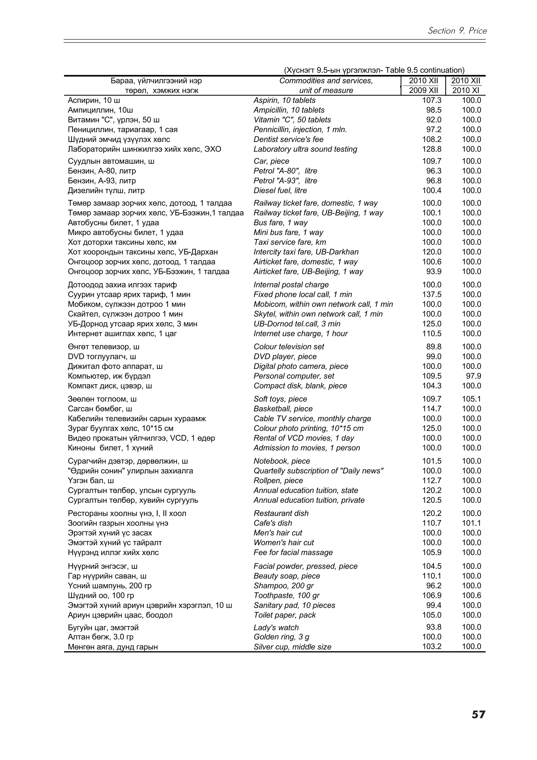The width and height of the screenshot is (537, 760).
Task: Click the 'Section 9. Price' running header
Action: point(457,31)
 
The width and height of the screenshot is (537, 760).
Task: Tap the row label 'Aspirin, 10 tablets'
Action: point(284,100)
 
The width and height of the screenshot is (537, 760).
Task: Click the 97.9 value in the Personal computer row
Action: point(474,376)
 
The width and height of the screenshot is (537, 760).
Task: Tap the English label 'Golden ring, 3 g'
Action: point(281,637)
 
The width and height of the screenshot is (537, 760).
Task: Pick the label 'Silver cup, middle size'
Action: point(292,647)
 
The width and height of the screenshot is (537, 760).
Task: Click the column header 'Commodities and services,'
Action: point(326,81)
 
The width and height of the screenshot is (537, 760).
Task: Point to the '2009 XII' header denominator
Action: point(423,91)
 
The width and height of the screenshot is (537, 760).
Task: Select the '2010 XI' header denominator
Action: point(465,91)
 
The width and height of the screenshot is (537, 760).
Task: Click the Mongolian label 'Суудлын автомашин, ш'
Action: point(111,161)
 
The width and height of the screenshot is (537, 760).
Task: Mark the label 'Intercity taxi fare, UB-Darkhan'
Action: point(306,252)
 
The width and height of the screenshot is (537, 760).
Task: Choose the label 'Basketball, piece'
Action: point(283,409)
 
